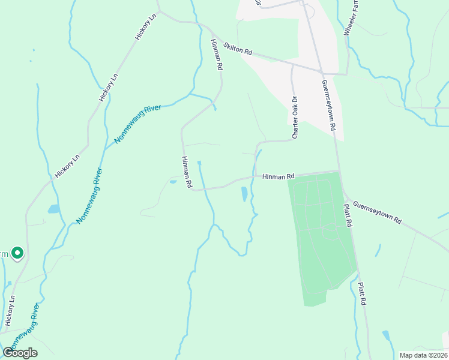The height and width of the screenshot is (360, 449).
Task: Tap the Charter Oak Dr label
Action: coord(295,118)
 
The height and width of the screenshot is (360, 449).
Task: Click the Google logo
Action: coord(20,352)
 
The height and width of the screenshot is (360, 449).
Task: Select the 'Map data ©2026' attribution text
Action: coord(423,355)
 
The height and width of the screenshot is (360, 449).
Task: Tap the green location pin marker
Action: coord(17,254)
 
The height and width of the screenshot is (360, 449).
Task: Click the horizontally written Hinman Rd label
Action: coord(279,176)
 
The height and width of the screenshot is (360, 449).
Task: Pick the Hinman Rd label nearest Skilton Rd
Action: coord(217,55)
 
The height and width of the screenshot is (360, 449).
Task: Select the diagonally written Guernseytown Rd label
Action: coord(377,212)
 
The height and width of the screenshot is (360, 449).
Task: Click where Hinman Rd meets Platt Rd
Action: coord(339,172)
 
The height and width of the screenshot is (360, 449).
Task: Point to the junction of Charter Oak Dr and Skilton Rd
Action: coord(292,64)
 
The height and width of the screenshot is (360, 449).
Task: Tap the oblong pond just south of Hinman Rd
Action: coord(244,194)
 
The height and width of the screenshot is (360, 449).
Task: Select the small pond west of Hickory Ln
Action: coord(53,209)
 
